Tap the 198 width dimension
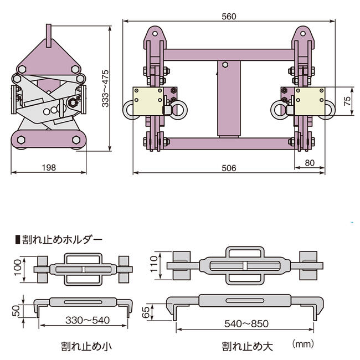click(48, 167)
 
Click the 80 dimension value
click(310, 163)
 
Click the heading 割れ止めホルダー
click(61, 240)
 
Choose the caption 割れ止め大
click(248, 347)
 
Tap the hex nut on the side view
click(72, 103)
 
